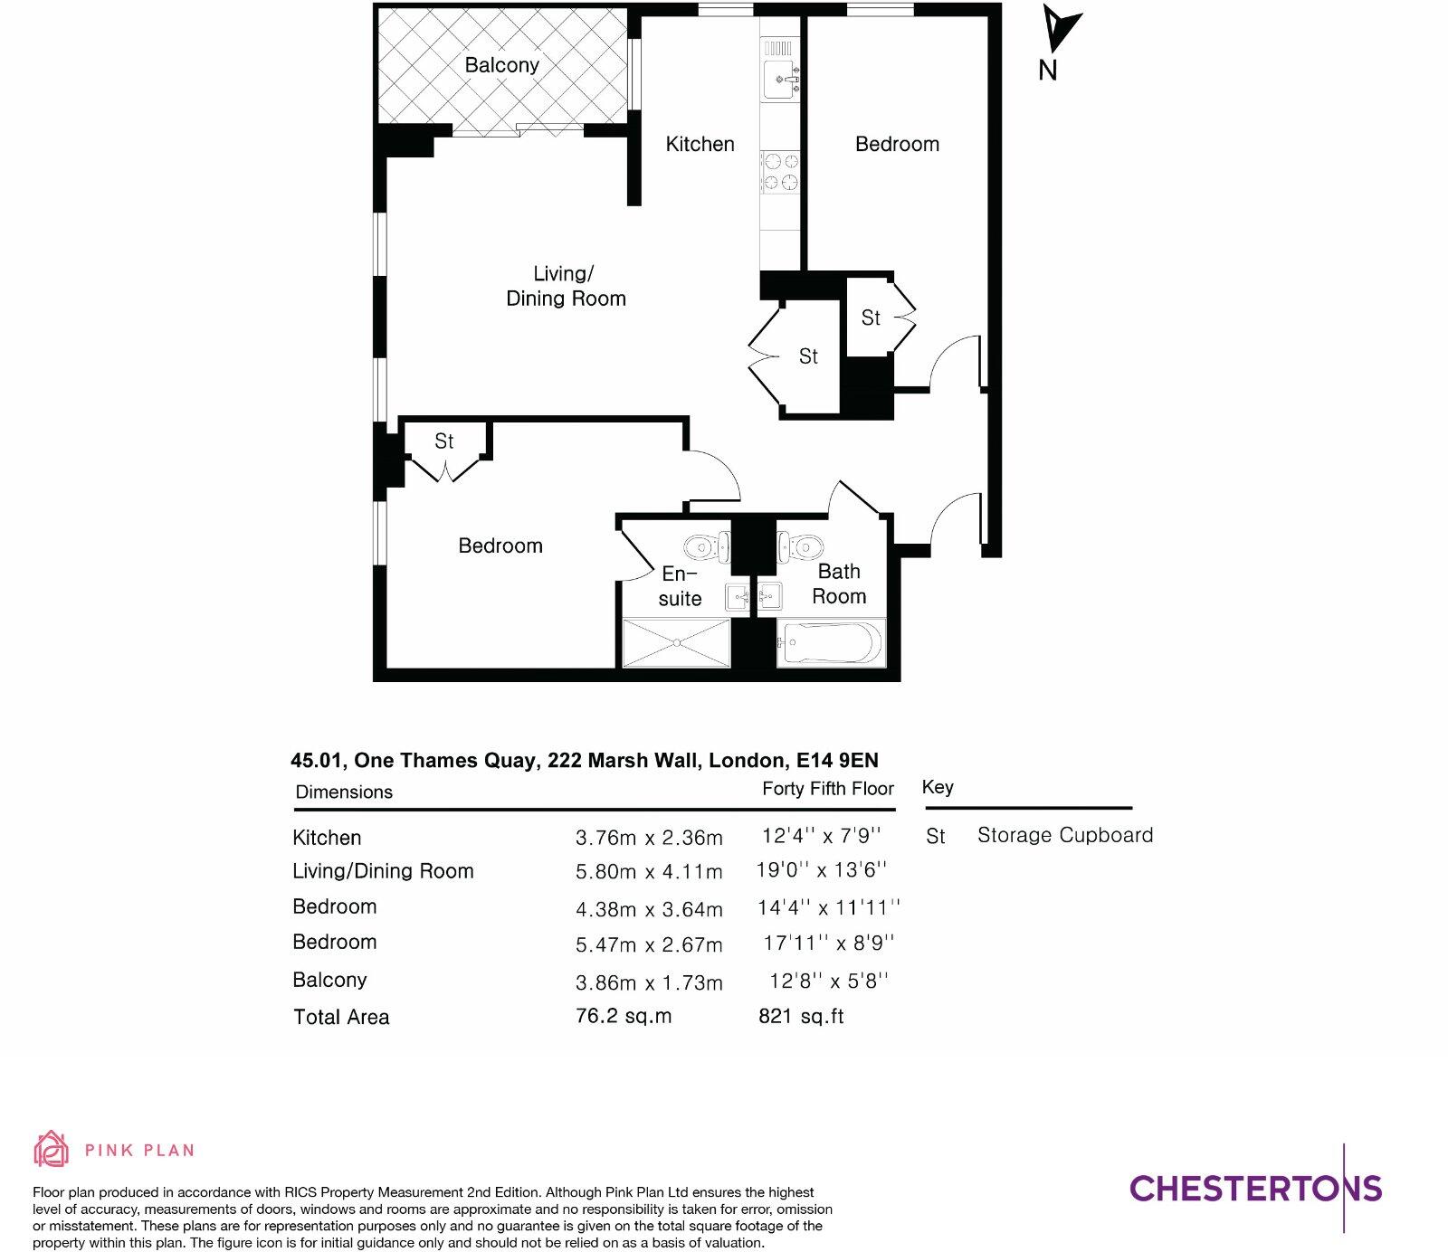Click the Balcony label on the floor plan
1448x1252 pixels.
501,65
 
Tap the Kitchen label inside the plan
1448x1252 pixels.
700,144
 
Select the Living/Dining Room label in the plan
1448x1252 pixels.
566,286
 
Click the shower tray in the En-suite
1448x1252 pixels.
676,643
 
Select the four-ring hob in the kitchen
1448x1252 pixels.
780,172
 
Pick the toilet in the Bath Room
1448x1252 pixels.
801,546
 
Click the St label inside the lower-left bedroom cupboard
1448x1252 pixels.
443,441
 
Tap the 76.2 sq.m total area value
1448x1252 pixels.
624,1016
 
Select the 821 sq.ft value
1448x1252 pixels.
801,1016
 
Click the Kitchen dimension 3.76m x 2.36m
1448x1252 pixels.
649,838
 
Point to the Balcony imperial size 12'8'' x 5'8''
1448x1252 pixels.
829,981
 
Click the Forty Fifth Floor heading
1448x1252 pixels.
827,789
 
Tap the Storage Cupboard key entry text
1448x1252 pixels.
1065,835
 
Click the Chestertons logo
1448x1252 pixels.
1255,1188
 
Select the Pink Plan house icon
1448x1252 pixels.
52,1149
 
